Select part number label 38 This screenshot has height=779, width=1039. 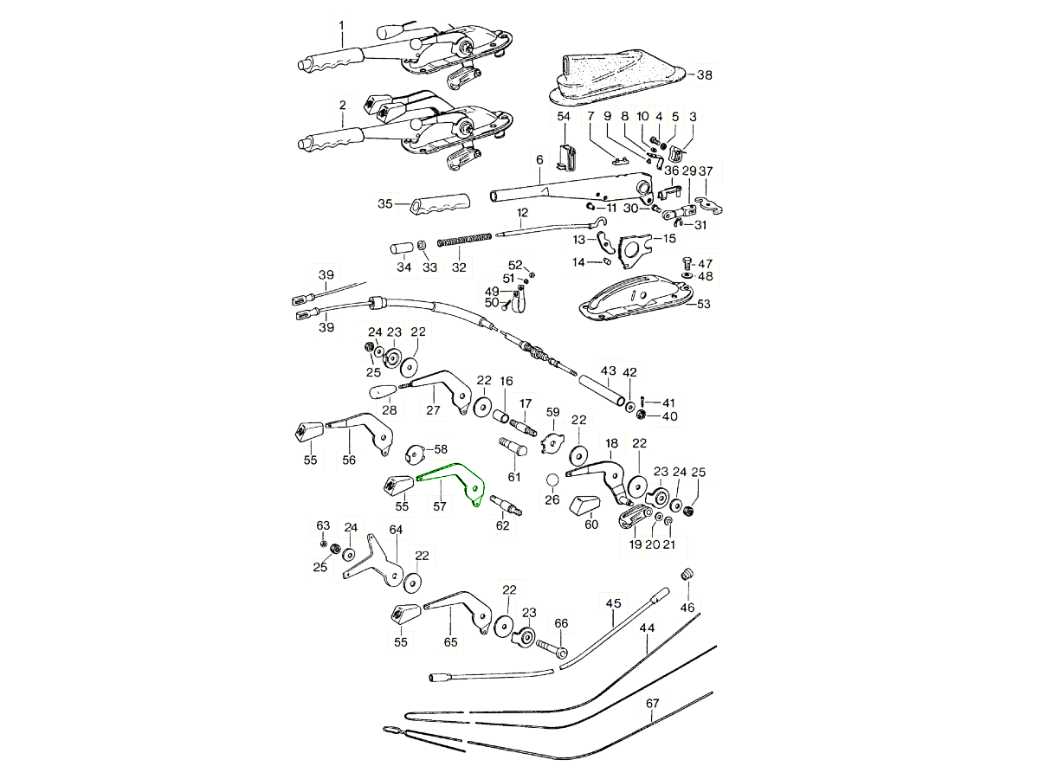point(705,75)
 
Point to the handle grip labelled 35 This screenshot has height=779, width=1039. point(438,205)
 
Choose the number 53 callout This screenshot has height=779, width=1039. point(703,304)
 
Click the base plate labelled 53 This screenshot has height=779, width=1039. point(636,297)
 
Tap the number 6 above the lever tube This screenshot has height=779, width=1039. point(539,161)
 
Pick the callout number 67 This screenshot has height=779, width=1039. point(652,705)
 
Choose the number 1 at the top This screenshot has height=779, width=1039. point(341,27)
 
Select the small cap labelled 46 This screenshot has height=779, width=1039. point(688,576)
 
